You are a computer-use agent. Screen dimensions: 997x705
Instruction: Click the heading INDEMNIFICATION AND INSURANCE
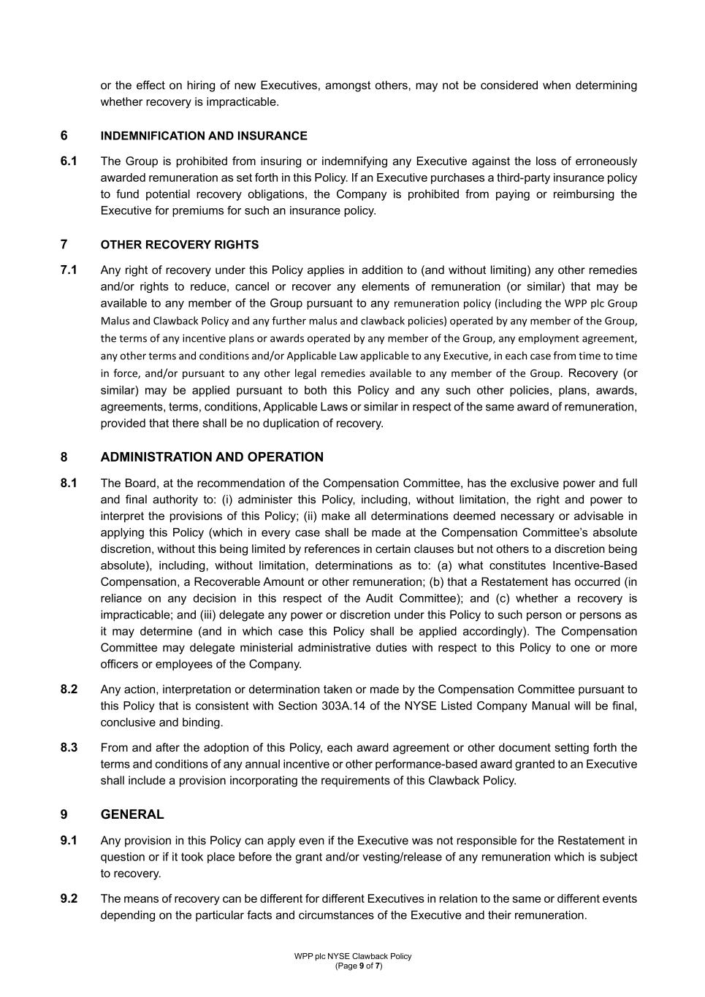click(204, 136)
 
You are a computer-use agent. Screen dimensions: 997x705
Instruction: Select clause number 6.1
click(69, 161)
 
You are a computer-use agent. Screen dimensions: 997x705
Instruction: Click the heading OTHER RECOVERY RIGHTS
click(180, 245)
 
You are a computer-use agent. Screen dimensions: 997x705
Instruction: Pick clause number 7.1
click(69, 270)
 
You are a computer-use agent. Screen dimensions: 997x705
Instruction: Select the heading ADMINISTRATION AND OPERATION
click(212, 457)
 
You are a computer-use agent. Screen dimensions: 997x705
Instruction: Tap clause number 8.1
click(69, 484)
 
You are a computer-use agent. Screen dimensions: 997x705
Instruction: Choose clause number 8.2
click(69, 690)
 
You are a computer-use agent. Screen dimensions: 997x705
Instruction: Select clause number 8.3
click(69, 748)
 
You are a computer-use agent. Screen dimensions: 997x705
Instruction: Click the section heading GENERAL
click(132, 814)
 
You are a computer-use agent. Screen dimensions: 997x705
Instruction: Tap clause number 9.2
click(69, 899)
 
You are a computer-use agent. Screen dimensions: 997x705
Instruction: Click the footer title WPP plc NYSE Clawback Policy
click(353, 956)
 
